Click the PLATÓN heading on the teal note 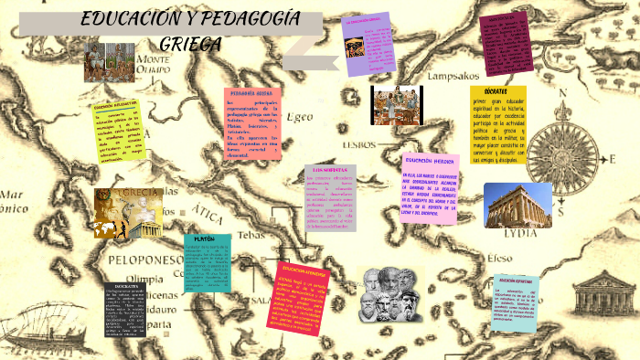click(206, 238)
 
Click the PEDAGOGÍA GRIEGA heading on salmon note click(251, 93)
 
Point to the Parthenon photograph click(517, 205)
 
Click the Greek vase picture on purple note click(353, 48)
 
